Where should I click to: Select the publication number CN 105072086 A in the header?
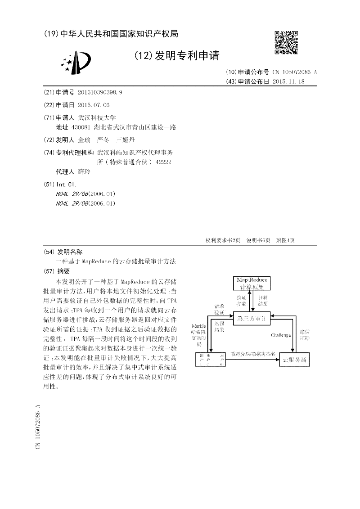click(295, 72)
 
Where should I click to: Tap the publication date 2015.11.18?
click(289, 81)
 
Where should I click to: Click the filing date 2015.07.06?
click(94, 105)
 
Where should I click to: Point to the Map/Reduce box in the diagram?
click(252, 283)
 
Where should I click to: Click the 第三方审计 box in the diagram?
click(252, 318)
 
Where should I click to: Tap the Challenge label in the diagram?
click(281, 335)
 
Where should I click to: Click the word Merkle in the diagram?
click(198, 326)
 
